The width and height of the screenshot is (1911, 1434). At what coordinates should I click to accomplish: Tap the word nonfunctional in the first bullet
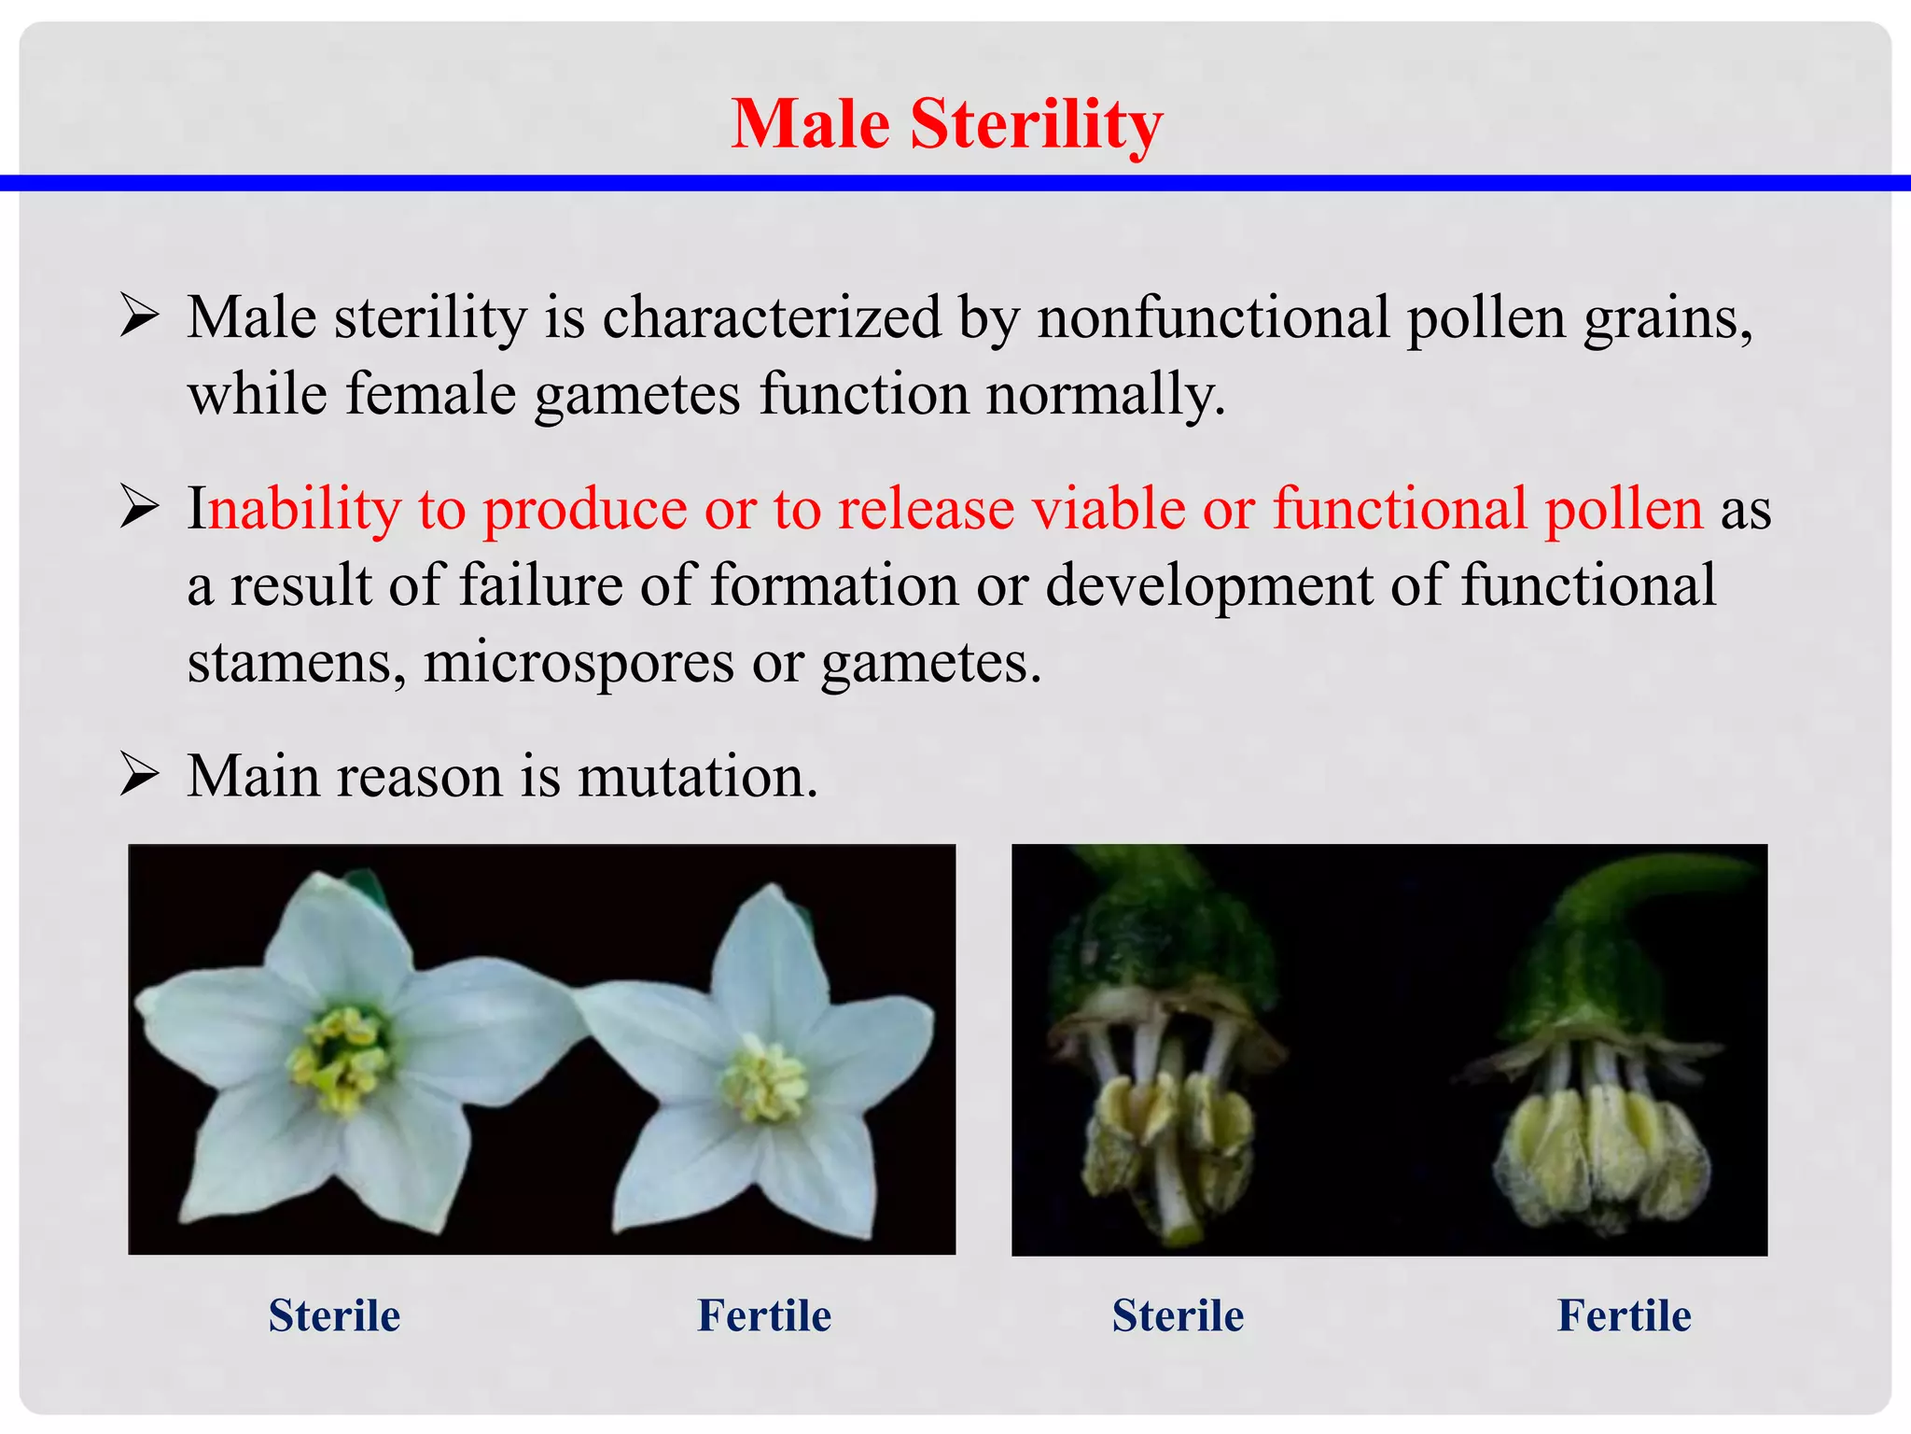point(1213,317)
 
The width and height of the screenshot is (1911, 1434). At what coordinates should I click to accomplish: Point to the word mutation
point(696,777)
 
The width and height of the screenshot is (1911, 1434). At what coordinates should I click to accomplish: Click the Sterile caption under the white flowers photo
point(334,1316)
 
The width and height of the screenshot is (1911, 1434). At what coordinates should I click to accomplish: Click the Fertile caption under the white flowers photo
point(764,1316)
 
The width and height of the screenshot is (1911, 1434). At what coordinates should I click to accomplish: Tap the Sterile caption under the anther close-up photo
point(1178,1316)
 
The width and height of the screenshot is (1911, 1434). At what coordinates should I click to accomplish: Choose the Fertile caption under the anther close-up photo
point(1624,1316)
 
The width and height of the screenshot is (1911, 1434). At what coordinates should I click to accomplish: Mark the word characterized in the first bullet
point(771,317)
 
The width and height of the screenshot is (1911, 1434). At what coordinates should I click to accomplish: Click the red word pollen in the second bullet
point(1624,510)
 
